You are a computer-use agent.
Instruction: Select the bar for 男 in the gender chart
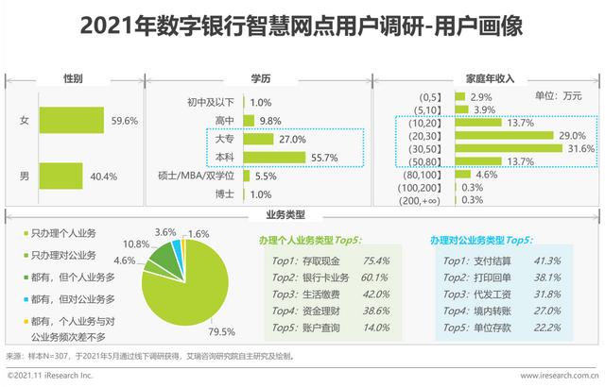[x=60, y=177]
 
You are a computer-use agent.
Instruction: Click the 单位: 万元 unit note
[x=560, y=96]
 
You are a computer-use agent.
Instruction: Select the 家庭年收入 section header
[x=487, y=77]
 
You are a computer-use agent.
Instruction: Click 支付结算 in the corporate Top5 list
[x=501, y=261]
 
